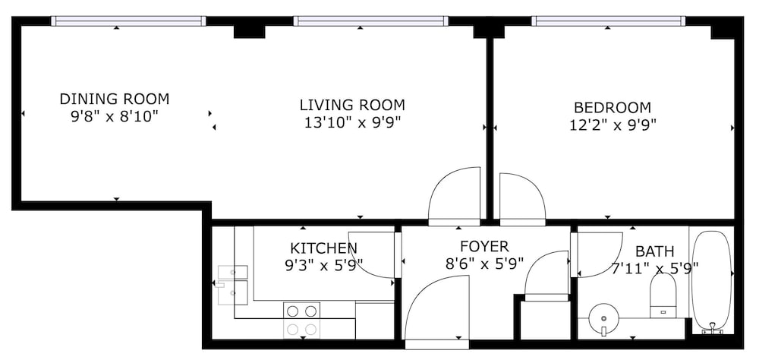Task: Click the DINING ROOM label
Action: pos(115,99)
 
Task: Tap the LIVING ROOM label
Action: pos(352,105)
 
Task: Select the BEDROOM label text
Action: pos(613,107)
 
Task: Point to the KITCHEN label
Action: pos(323,248)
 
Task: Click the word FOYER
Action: pos(484,247)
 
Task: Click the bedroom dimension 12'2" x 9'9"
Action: pos(613,125)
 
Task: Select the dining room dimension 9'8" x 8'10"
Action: pos(115,117)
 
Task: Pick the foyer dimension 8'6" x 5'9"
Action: pos(484,264)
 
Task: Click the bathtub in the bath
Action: pos(711,282)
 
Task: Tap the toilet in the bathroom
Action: pos(663,295)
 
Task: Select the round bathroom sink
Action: pos(603,318)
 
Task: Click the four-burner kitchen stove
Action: pos(302,319)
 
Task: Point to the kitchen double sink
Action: pos(233,285)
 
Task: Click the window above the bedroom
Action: pos(609,21)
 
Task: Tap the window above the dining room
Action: pos(128,21)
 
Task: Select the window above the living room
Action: pos(371,21)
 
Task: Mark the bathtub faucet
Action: pos(712,330)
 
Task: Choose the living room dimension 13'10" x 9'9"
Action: pos(352,123)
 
